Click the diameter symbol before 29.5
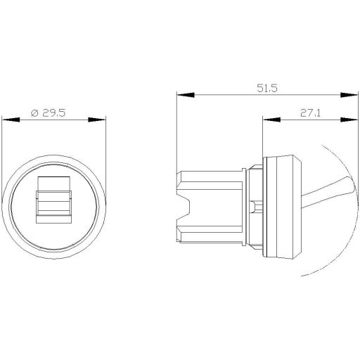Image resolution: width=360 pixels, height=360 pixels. point(36,111)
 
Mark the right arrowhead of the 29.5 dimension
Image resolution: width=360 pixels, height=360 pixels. point(101,120)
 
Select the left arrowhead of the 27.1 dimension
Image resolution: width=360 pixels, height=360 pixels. point(268,120)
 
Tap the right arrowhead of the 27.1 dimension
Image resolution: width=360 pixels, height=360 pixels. point(351,120)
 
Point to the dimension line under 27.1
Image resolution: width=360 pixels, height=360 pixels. point(309,120)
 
